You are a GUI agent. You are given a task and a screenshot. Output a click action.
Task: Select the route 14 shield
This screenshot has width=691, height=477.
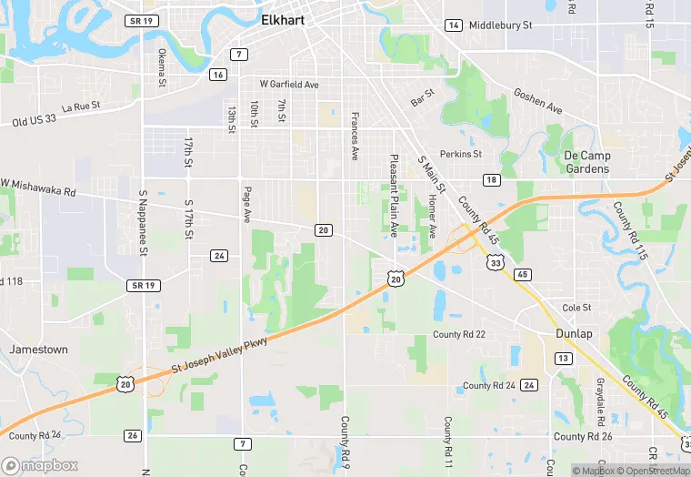[453, 25]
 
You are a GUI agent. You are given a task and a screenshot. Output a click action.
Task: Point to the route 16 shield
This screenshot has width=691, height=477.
[217, 75]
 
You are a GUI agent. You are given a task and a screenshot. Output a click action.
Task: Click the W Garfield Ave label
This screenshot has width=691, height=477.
[289, 84]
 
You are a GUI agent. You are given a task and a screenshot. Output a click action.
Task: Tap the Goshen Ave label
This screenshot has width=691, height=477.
[538, 101]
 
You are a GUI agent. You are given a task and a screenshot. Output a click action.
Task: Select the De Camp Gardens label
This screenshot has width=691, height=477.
[586, 162]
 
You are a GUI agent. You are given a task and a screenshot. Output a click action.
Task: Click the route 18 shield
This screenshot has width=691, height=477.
[491, 180]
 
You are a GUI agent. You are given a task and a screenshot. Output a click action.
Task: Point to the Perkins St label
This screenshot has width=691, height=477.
[460, 154]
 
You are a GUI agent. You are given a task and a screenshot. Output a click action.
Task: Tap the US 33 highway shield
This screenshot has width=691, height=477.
[496, 261]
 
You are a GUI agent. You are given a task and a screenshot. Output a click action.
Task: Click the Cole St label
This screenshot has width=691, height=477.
[576, 308]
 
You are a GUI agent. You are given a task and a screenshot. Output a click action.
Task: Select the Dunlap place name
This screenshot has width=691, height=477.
[574, 334]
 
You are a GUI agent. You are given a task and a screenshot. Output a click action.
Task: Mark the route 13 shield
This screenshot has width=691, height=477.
[564, 359]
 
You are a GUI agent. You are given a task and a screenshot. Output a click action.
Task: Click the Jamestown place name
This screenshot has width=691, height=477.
[39, 350]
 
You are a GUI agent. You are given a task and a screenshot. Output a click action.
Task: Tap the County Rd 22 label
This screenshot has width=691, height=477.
[459, 334]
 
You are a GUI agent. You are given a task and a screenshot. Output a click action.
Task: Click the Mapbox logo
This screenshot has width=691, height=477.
[40, 465]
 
